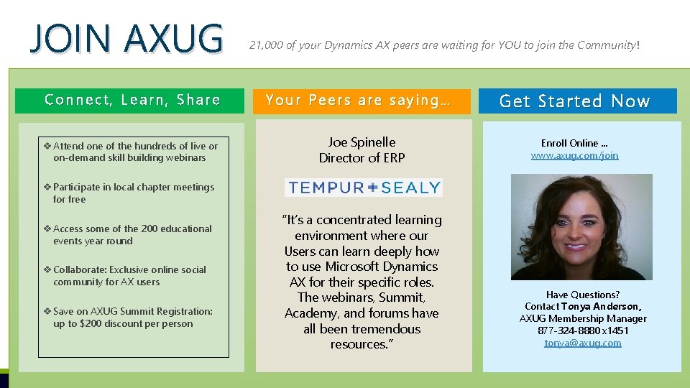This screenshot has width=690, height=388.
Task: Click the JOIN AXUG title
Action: pos(126,39)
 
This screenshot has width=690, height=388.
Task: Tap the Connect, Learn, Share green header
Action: pos(132,100)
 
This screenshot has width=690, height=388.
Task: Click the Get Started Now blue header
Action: pos(574,101)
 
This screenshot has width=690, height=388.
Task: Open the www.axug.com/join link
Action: pos(574,155)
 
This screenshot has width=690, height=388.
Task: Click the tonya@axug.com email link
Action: pos(583,343)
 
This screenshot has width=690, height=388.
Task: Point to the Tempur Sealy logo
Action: pos(363,188)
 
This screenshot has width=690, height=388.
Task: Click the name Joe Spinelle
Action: pos(362,142)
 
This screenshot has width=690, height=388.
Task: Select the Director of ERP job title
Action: pos(362,158)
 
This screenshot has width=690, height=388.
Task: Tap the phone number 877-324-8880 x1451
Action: pos(583,331)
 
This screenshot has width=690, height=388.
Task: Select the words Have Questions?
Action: pos(583,295)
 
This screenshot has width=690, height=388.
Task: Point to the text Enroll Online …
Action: pos(574,143)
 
